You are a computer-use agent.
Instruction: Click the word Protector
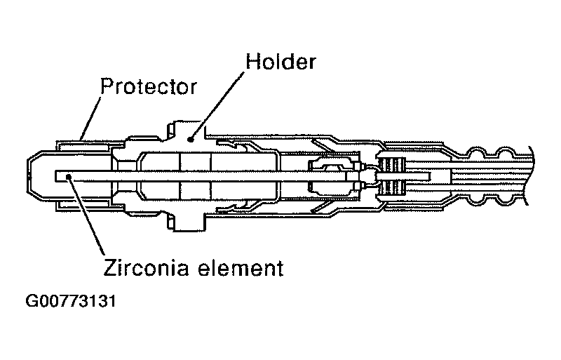(x=147, y=88)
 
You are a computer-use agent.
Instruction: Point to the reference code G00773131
(x=70, y=303)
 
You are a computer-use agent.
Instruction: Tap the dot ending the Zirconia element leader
(x=68, y=177)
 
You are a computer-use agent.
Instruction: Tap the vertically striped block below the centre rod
(x=391, y=188)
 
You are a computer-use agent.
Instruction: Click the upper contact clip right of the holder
(x=245, y=147)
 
